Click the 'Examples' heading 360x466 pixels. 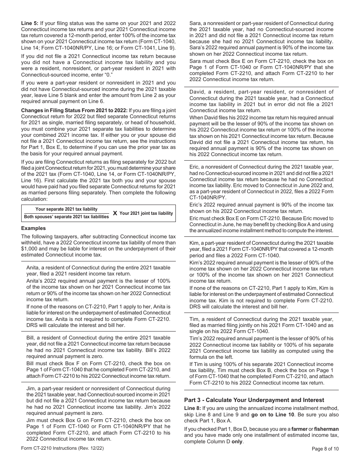(x=33, y=228)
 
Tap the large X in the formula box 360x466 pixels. (x=115, y=213)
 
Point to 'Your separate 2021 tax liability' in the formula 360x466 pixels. (x=66, y=209)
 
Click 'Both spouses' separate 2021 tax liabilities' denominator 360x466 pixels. (x=66, y=217)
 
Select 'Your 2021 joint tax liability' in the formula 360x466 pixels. (x=146, y=213)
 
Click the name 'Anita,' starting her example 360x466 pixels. (x=33, y=268)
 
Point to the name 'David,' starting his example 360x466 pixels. (x=198, y=92)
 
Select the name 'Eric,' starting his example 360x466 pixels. (x=195, y=167)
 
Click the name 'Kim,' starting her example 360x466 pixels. (x=195, y=243)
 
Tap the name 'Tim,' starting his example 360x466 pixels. (x=195, y=319)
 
